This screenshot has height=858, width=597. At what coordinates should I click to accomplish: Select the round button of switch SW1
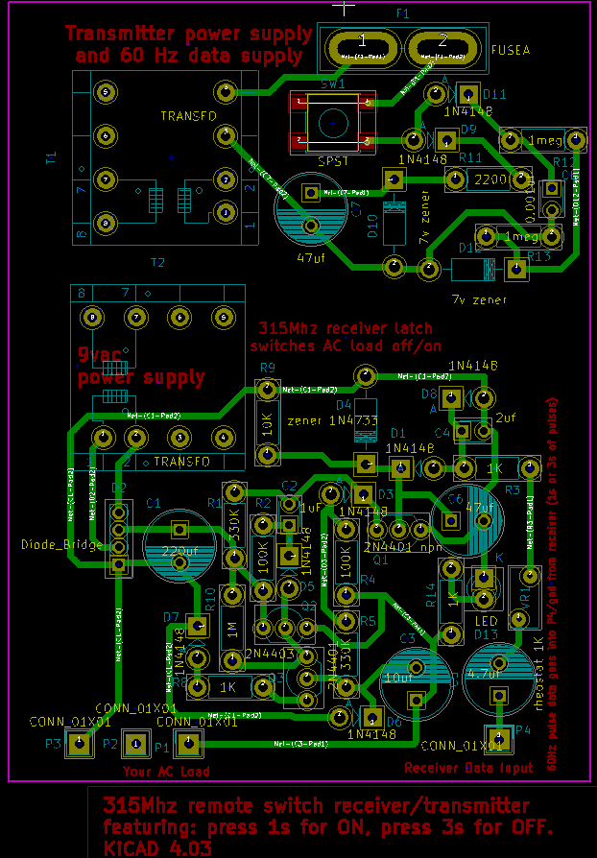point(333,122)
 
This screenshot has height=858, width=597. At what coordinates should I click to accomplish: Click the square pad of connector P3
point(80,744)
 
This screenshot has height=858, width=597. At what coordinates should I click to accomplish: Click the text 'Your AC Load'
point(166,772)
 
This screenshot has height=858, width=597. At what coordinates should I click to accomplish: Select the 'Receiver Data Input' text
point(468,768)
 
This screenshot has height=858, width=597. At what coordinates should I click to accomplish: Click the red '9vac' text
point(100,355)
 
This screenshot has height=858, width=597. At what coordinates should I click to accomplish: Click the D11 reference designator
point(495,93)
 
